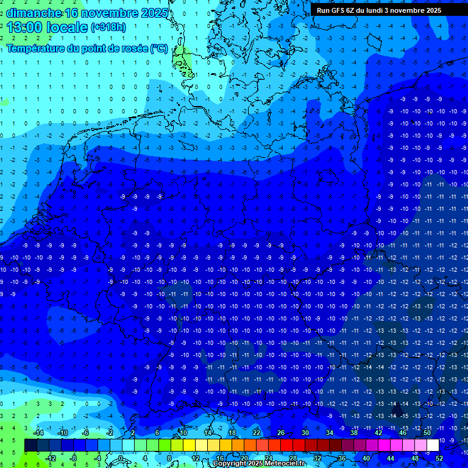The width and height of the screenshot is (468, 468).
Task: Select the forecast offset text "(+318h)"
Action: (109, 27)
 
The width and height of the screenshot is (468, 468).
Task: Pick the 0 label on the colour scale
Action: (121, 458)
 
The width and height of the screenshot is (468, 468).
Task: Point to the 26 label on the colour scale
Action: (281, 433)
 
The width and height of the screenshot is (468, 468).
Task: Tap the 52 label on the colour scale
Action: (439, 458)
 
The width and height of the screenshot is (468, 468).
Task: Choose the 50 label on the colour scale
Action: (427, 433)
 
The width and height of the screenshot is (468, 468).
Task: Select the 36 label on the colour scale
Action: (342, 458)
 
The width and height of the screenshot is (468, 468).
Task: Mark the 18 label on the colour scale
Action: (232, 433)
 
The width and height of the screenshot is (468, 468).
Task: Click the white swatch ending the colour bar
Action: (433, 445)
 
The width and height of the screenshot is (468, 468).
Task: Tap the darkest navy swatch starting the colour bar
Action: (30, 445)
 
